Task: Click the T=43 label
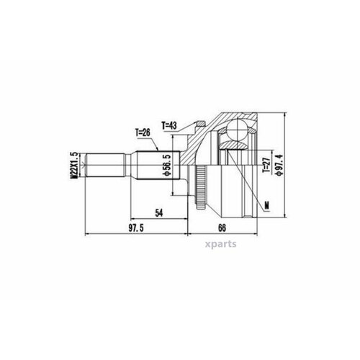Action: point(171,126)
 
